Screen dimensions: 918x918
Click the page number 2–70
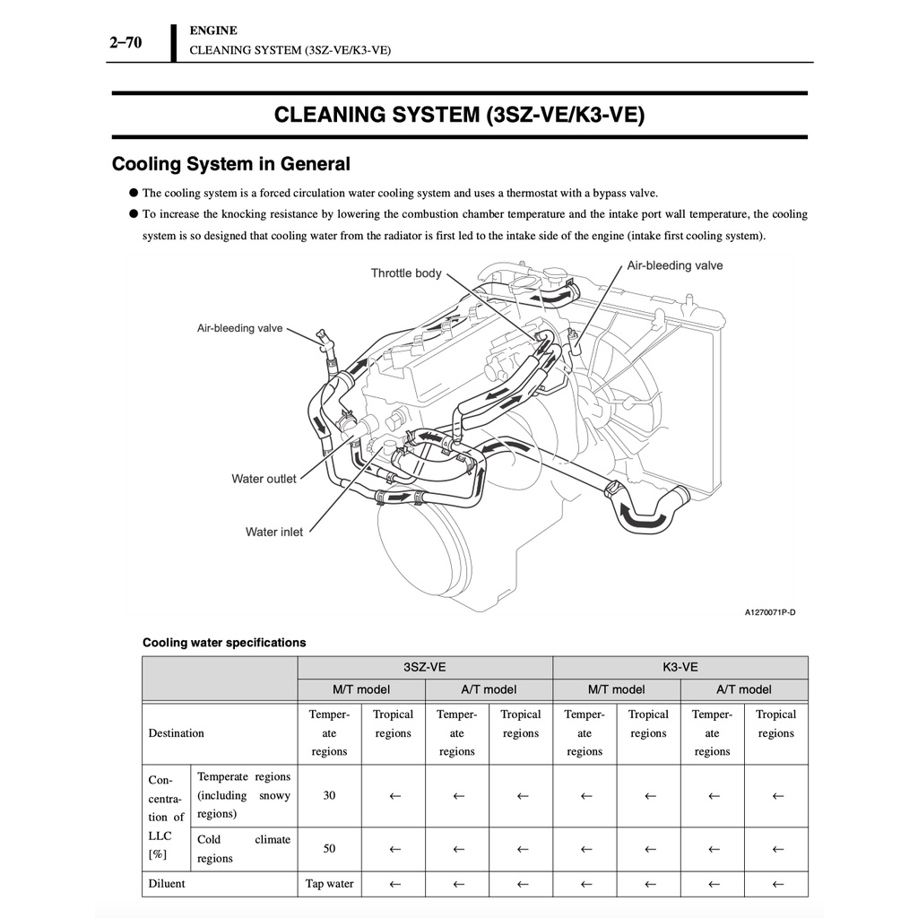pos(126,42)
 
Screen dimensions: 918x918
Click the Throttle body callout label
pos(406,273)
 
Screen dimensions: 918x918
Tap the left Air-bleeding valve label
pos(239,328)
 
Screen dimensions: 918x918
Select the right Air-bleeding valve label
pos(674,265)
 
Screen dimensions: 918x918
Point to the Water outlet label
pos(264,479)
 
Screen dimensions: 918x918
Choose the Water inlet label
pos(274,532)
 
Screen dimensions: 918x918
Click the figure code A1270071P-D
pos(770,612)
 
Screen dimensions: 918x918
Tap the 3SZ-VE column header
pos(424,667)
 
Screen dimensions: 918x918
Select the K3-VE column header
pos(680,667)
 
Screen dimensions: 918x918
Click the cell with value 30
pos(329,795)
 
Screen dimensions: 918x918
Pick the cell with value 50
pos(329,848)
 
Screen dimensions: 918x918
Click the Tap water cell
pos(329,883)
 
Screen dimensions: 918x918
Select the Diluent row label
pos(166,883)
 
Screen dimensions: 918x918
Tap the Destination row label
pos(177,733)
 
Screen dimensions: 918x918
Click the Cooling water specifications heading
pos(224,642)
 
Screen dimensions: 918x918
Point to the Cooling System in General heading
pos(230,163)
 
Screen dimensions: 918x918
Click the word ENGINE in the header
pos(213,30)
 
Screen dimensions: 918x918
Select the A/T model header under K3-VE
pos(743,689)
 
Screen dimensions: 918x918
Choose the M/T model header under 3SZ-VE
pos(360,689)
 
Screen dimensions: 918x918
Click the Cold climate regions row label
pos(244,848)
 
